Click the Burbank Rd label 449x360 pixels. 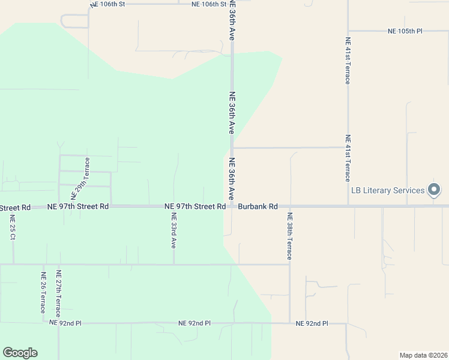click(258, 206)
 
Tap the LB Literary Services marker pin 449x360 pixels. click(435, 190)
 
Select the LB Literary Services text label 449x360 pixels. click(388, 191)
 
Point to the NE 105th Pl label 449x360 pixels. click(405, 31)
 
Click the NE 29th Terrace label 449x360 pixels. click(80, 178)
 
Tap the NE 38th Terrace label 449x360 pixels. click(289, 236)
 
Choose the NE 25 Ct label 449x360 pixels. click(12, 227)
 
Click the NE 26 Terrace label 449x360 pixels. click(43, 292)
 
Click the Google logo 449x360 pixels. click(20, 353)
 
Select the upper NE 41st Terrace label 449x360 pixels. click(348, 61)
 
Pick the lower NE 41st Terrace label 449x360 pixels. click(348, 158)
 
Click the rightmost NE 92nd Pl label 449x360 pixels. click(312, 323)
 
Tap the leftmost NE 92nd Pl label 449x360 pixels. click(65, 323)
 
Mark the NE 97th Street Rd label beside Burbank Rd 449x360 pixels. click(195, 206)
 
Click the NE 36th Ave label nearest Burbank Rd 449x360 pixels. click(231, 179)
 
